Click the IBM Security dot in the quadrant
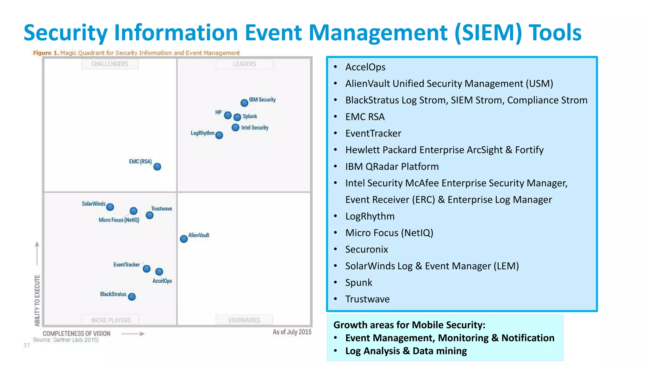click(x=244, y=103)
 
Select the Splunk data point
click(x=237, y=117)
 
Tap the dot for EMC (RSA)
click(x=157, y=167)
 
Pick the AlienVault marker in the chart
click(x=184, y=239)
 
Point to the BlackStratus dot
click(x=132, y=297)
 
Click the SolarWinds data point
click(x=110, y=207)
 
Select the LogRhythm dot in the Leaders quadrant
click(x=219, y=135)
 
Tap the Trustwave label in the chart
click(x=161, y=208)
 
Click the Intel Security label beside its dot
click(x=255, y=128)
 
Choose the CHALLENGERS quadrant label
click(x=110, y=64)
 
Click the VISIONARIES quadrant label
click(x=244, y=320)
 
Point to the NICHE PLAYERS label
click(x=111, y=320)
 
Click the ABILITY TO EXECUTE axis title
click(x=37, y=300)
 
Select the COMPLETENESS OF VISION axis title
click(x=77, y=334)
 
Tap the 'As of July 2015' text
click(x=292, y=332)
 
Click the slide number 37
click(x=27, y=345)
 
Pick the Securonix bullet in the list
click(x=366, y=249)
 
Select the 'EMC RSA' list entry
click(x=365, y=117)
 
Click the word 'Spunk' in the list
click(x=358, y=283)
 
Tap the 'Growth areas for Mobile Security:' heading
click(x=409, y=325)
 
